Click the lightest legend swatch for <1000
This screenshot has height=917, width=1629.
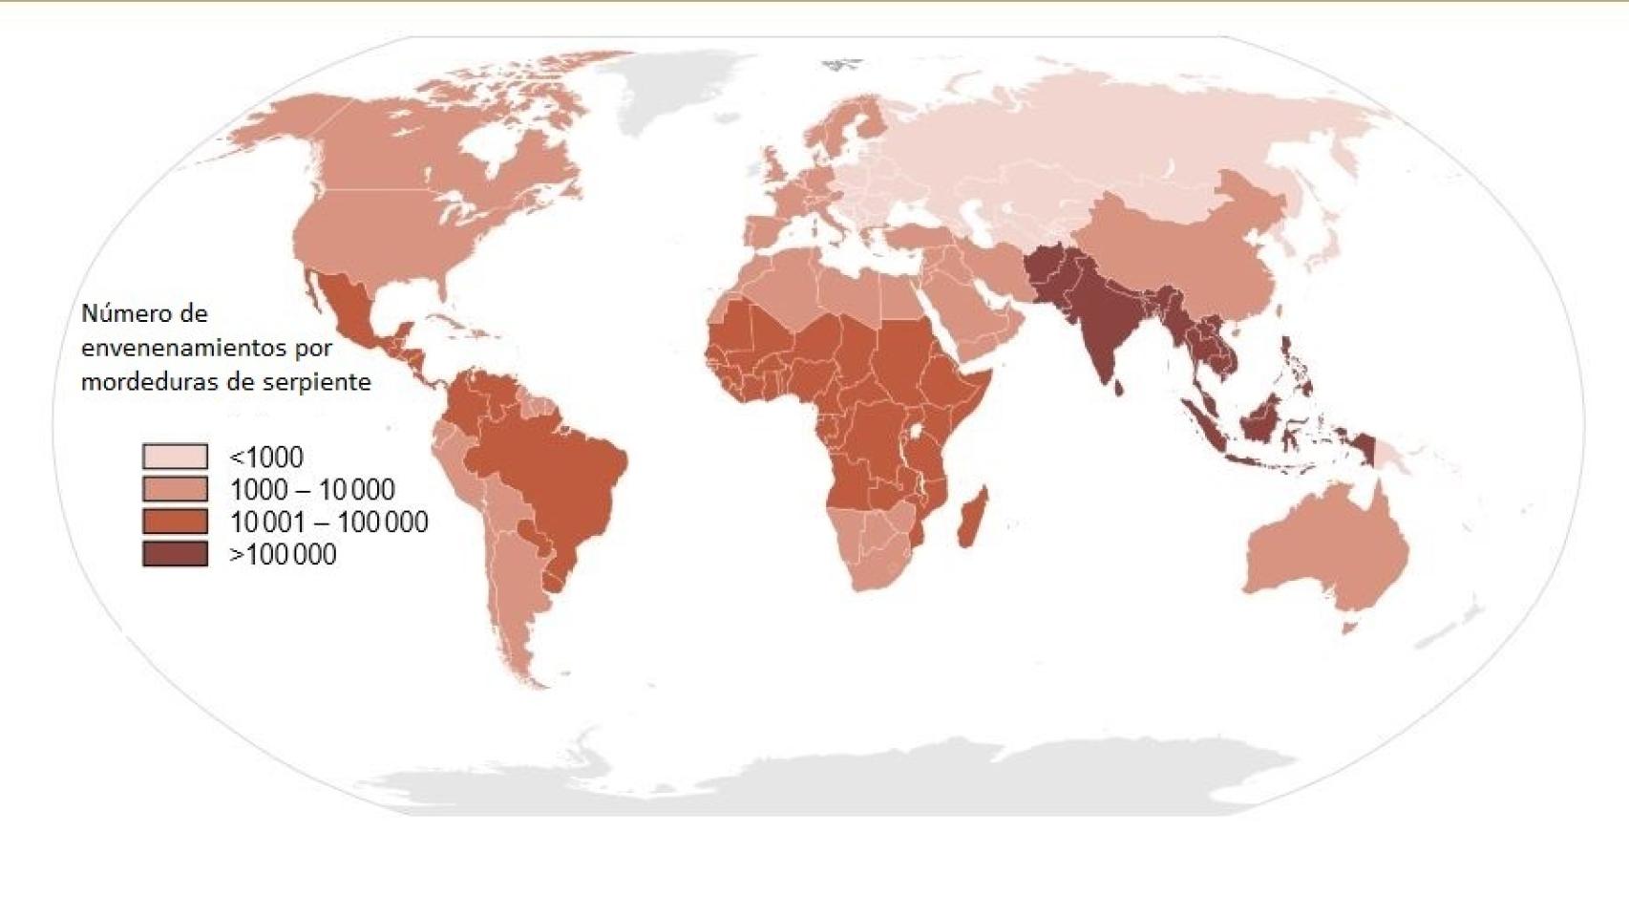point(175,456)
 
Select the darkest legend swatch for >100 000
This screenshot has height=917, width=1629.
point(175,554)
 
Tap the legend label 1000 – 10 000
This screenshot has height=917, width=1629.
point(312,490)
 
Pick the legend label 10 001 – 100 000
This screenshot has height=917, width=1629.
point(328,522)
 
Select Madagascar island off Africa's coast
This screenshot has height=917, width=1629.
point(971,518)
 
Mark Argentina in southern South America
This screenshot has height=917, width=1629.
point(516,592)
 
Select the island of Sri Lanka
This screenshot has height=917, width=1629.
point(1119,387)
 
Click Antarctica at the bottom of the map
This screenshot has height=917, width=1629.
point(812,783)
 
